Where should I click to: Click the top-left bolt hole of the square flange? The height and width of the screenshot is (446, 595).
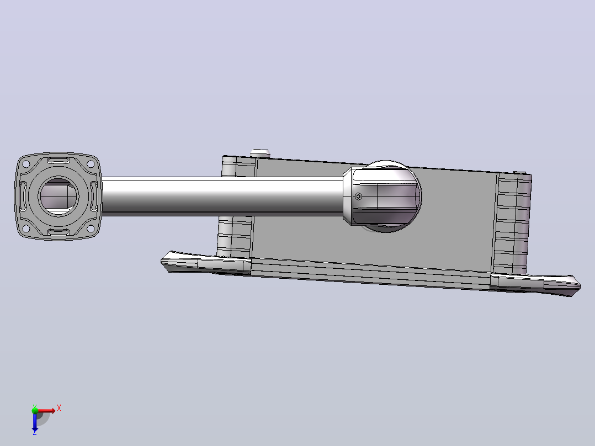[26, 164]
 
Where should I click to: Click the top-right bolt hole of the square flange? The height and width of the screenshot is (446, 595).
[91, 164]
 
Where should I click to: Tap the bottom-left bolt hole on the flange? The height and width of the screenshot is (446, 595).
[26, 229]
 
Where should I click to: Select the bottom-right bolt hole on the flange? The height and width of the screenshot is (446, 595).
[91, 229]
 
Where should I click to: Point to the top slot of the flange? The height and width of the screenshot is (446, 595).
[59, 160]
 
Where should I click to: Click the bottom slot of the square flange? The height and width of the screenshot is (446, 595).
[59, 232]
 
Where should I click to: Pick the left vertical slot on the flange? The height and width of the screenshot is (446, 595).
[23, 197]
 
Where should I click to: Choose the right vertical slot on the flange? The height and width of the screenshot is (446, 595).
[94, 197]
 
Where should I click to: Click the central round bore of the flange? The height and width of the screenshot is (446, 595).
[59, 197]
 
